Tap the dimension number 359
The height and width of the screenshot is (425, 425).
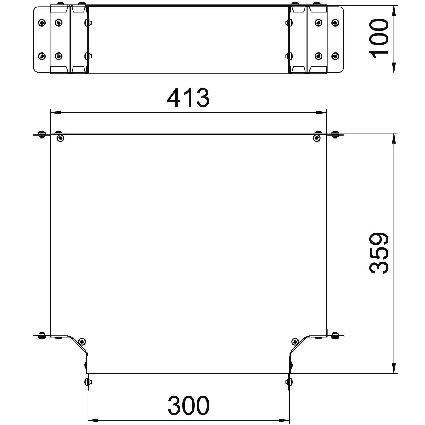tap(379, 253)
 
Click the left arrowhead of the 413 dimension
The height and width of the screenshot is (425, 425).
tap(56, 113)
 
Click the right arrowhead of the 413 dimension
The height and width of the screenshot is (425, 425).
tap(321, 113)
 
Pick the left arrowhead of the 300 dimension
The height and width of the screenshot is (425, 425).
tap(93, 420)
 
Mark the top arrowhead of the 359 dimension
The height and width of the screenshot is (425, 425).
tap(394, 139)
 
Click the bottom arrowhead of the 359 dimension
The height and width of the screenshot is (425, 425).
tap(394, 368)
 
